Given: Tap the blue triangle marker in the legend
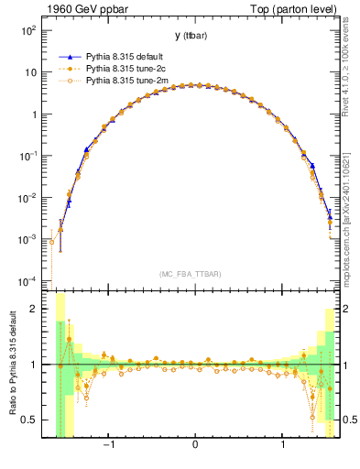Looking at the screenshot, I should pyautogui.click(x=69, y=56).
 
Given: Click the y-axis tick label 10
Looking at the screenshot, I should pyautogui.click(x=30, y=72).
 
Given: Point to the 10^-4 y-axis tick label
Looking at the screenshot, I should pyautogui.click(x=28, y=281).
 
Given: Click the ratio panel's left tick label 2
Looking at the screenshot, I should pyautogui.click(x=34, y=309).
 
